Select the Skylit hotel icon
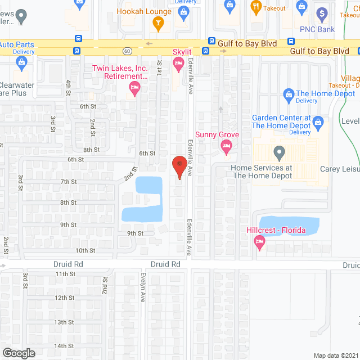pos(179,66)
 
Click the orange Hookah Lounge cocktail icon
pos(158,24)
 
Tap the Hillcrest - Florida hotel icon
pos(259,243)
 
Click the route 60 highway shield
pos(129,51)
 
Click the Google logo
pos(18,353)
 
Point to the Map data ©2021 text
pos(335,355)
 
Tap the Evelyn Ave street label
pos(144,291)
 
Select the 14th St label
pos(64,346)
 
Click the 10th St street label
pos(85,250)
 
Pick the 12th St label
pos(64,298)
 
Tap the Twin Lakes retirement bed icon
pos(134,87)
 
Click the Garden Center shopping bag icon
pos(318,121)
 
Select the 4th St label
pos(68,87)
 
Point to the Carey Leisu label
pos(340,169)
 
